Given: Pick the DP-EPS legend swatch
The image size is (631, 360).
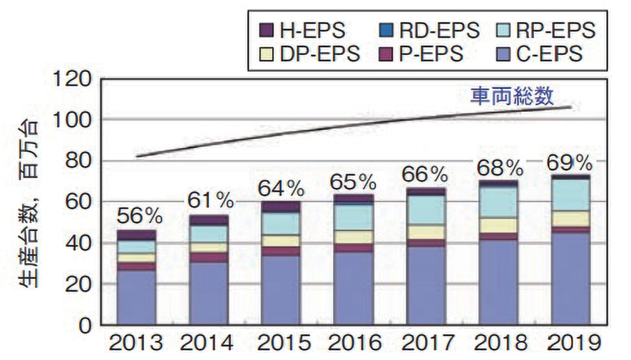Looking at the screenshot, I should (267, 53).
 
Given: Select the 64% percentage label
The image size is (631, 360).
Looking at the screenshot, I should (280, 189).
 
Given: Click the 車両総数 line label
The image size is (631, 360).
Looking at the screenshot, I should (511, 96).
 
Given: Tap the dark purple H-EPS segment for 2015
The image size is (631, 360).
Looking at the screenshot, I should (280, 207).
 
